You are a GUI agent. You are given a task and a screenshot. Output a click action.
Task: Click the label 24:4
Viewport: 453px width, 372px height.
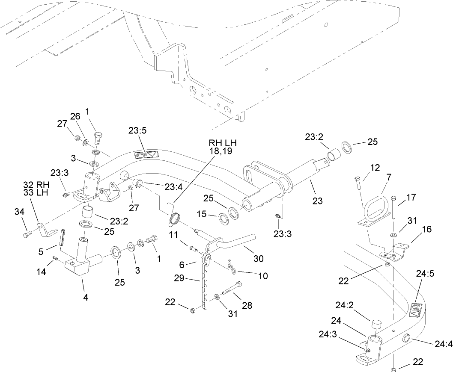pyautogui.click(x=442, y=343)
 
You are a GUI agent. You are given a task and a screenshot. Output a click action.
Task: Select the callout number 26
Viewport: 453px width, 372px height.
pyautogui.click(x=75, y=116)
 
